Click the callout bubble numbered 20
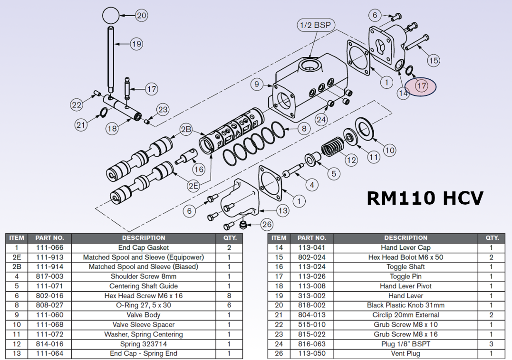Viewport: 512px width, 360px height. [142, 16]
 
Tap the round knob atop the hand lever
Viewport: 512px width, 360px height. [111, 16]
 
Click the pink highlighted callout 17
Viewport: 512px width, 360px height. [422, 86]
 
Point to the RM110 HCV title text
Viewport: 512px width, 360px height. [425, 197]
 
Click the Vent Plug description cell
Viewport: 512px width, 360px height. [406, 353]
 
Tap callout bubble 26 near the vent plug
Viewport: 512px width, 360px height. [267, 224]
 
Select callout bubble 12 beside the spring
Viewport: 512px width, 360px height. [351, 160]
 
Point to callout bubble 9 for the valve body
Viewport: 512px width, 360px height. [257, 85]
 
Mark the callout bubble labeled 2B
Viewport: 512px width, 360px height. [186, 130]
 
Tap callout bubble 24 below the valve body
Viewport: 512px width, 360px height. [321, 120]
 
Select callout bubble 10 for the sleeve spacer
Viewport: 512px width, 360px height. [389, 151]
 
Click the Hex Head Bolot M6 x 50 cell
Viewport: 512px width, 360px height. [406, 257]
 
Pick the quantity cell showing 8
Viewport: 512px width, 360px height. [229, 295]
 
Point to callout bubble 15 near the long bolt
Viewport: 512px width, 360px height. [433, 60]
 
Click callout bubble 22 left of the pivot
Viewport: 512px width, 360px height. [77, 105]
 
